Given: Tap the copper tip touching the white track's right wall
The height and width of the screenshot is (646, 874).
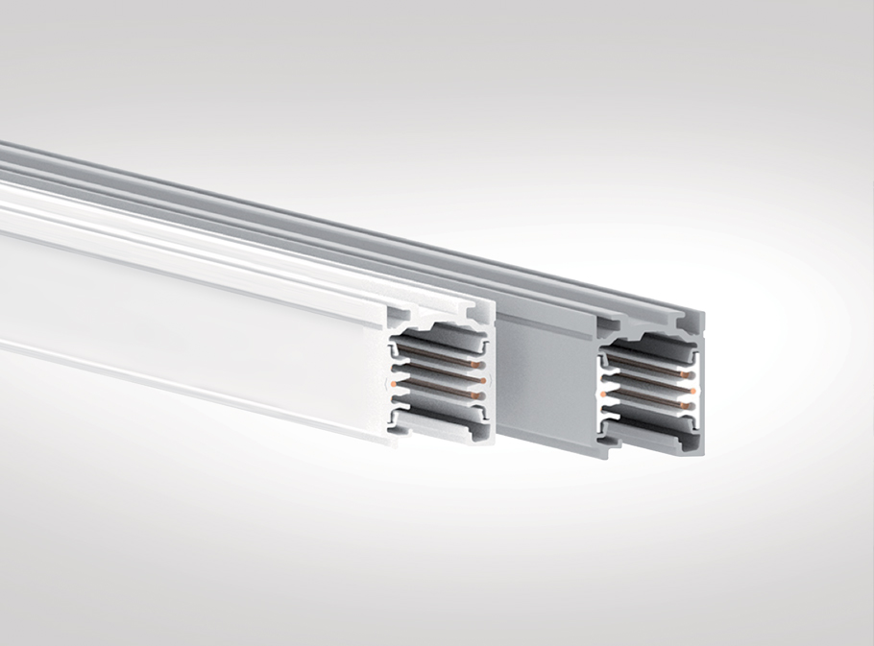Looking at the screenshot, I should click(x=482, y=380).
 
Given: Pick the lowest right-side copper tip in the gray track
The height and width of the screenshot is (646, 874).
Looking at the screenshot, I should click(x=683, y=406).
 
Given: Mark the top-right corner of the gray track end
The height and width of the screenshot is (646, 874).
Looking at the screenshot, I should click(x=703, y=314).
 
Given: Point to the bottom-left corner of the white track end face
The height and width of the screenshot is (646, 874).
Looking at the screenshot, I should click(x=393, y=443).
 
